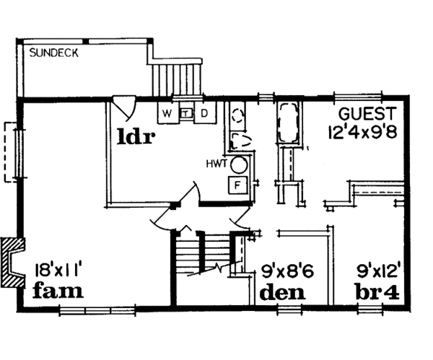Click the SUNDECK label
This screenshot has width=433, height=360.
click(54, 53)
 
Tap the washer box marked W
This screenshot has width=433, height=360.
click(167, 113)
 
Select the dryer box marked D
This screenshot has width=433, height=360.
click(204, 113)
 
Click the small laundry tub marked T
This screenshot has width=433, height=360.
click(185, 113)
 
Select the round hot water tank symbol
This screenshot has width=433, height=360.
click(242, 164)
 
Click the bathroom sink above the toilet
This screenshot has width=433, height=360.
click(238, 114)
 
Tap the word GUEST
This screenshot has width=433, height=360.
click(367, 114)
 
